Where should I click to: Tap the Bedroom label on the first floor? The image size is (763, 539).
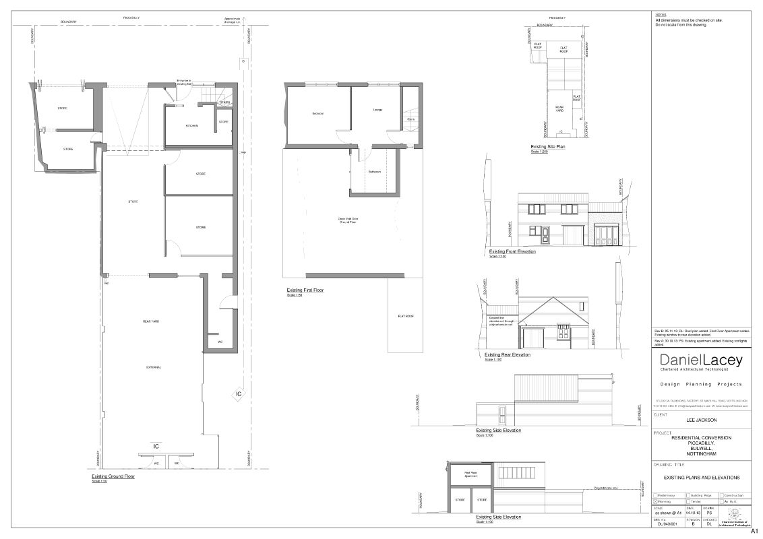coord(318,113)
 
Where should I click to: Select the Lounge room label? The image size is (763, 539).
coord(377,109)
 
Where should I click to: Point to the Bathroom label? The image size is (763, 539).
coord(375,172)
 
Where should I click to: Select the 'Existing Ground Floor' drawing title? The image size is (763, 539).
coord(113,476)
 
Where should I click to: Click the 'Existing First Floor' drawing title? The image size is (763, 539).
coord(306,290)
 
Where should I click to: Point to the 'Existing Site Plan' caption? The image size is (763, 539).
coord(547,146)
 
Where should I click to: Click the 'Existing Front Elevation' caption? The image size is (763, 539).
coord(512,251)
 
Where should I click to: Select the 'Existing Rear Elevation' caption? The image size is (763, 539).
coord(507,354)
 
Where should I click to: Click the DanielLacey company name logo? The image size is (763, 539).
coord(701,360)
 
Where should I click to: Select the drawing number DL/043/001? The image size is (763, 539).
coord(667,524)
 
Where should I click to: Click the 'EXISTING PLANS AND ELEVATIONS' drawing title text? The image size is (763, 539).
coord(702,478)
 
